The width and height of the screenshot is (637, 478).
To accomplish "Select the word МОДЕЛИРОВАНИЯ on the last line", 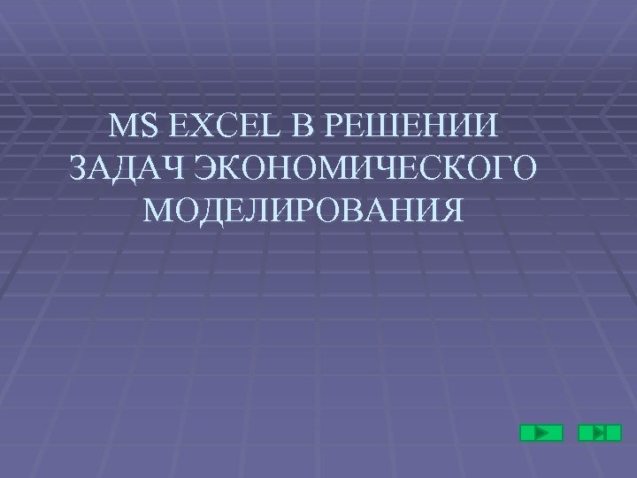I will tap(301, 211).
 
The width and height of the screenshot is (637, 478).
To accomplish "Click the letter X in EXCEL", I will tap(196, 128).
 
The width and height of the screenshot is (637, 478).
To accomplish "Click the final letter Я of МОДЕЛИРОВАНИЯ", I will tap(449, 211).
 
